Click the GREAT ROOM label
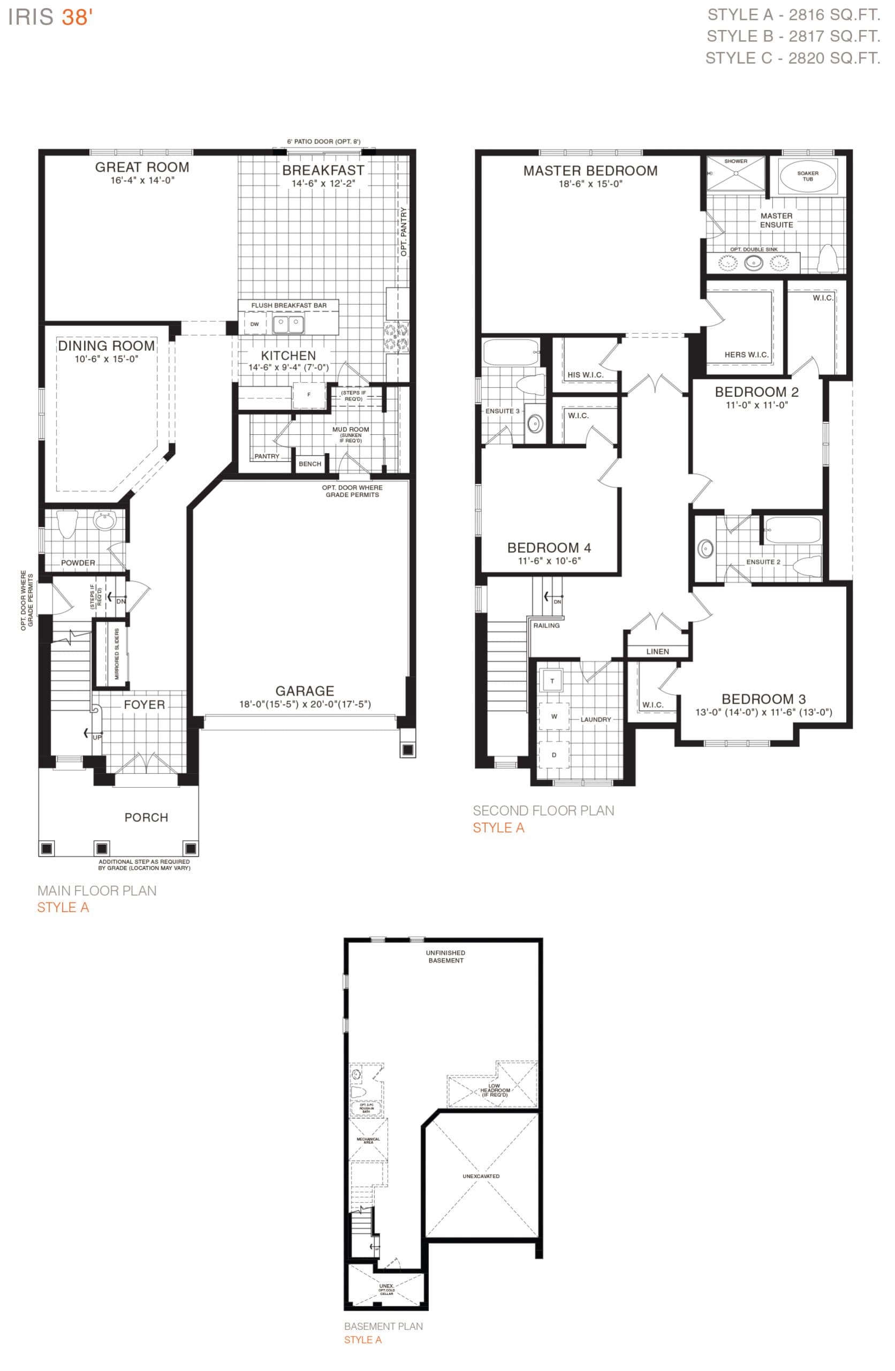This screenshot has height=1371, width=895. (142, 168)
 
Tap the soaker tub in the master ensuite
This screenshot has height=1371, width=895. (807, 176)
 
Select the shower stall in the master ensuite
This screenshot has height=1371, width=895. (735, 173)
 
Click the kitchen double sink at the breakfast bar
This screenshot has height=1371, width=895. (288, 325)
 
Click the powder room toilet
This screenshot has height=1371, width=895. (67, 523)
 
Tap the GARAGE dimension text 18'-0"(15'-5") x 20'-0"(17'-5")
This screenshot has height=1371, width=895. (305, 704)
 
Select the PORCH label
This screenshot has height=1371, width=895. (146, 817)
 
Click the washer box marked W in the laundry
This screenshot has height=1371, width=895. (553, 717)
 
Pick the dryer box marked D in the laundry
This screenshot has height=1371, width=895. (553, 755)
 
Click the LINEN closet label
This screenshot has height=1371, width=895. (657, 652)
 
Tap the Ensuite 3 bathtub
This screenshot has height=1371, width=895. (510, 351)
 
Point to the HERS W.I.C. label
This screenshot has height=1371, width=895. (746, 355)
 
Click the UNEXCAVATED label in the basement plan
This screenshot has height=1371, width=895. (481, 1176)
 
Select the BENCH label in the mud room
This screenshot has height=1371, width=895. (310, 464)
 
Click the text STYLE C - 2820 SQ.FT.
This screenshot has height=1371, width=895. (792, 58)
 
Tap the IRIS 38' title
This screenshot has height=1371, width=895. (50, 17)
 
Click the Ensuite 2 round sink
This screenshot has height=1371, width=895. (706, 548)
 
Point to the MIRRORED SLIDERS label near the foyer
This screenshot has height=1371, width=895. (117, 654)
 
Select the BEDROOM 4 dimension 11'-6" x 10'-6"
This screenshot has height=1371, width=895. (549, 561)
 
